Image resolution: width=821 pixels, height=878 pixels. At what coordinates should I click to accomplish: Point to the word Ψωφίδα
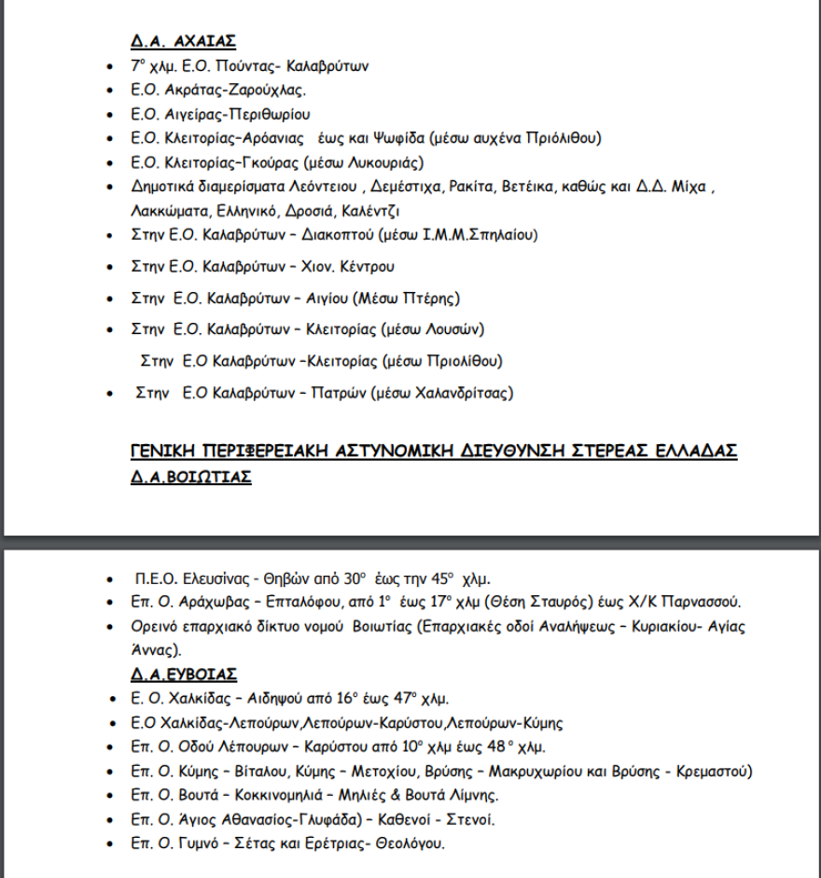(394, 138)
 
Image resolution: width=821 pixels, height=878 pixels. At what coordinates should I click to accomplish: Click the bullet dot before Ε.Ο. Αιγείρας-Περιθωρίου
(113, 115)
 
